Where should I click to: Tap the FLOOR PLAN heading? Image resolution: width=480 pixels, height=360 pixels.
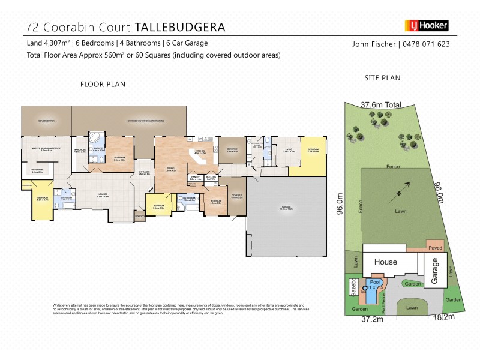point(103,84)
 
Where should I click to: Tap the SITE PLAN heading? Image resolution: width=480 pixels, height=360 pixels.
point(382,78)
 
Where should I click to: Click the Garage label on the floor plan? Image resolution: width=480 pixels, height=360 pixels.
point(286,208)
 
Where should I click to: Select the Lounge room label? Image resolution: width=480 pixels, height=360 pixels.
point(103,195)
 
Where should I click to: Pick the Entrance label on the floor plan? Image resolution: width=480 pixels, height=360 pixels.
point(145,173)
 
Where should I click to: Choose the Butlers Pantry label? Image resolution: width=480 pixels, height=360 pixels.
point(211,178)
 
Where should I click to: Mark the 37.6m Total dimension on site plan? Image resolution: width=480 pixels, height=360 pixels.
point(380,104)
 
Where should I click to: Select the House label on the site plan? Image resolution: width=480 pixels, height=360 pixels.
point(386,262)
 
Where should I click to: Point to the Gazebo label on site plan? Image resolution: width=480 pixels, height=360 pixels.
point(353,287)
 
